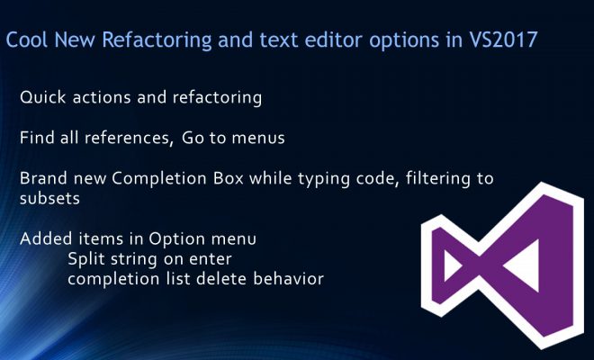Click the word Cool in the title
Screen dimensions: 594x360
click(27, 40)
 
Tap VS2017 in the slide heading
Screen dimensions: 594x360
click(503, 40)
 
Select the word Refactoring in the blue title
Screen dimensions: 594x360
click(157, 40)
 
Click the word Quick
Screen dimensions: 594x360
click(43, 97)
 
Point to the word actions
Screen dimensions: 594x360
click(102, 98)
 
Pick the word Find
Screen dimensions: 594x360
click(37, 138)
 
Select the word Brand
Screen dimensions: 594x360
click(43, 178)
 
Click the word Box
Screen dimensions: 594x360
click(228, 178)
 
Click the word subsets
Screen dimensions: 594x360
click(49, 199)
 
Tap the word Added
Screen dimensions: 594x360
click(46, 238)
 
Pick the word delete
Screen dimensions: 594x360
click(221, 279)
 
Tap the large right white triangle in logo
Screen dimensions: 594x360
click(524, 265)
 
